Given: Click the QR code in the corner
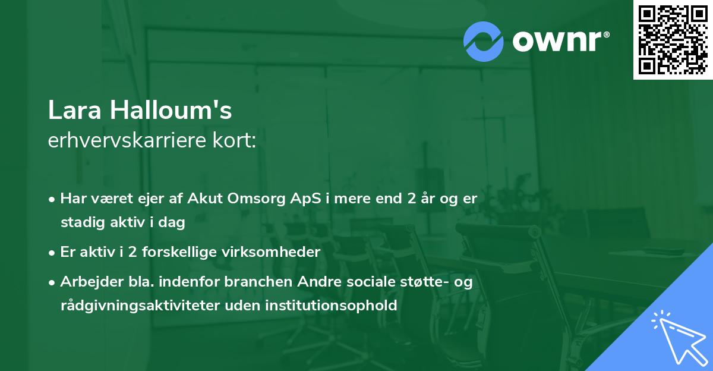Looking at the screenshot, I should [x=673, y=39].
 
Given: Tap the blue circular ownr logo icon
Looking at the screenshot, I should [x=484, y=41].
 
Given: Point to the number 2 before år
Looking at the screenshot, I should [x=411, y=199].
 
